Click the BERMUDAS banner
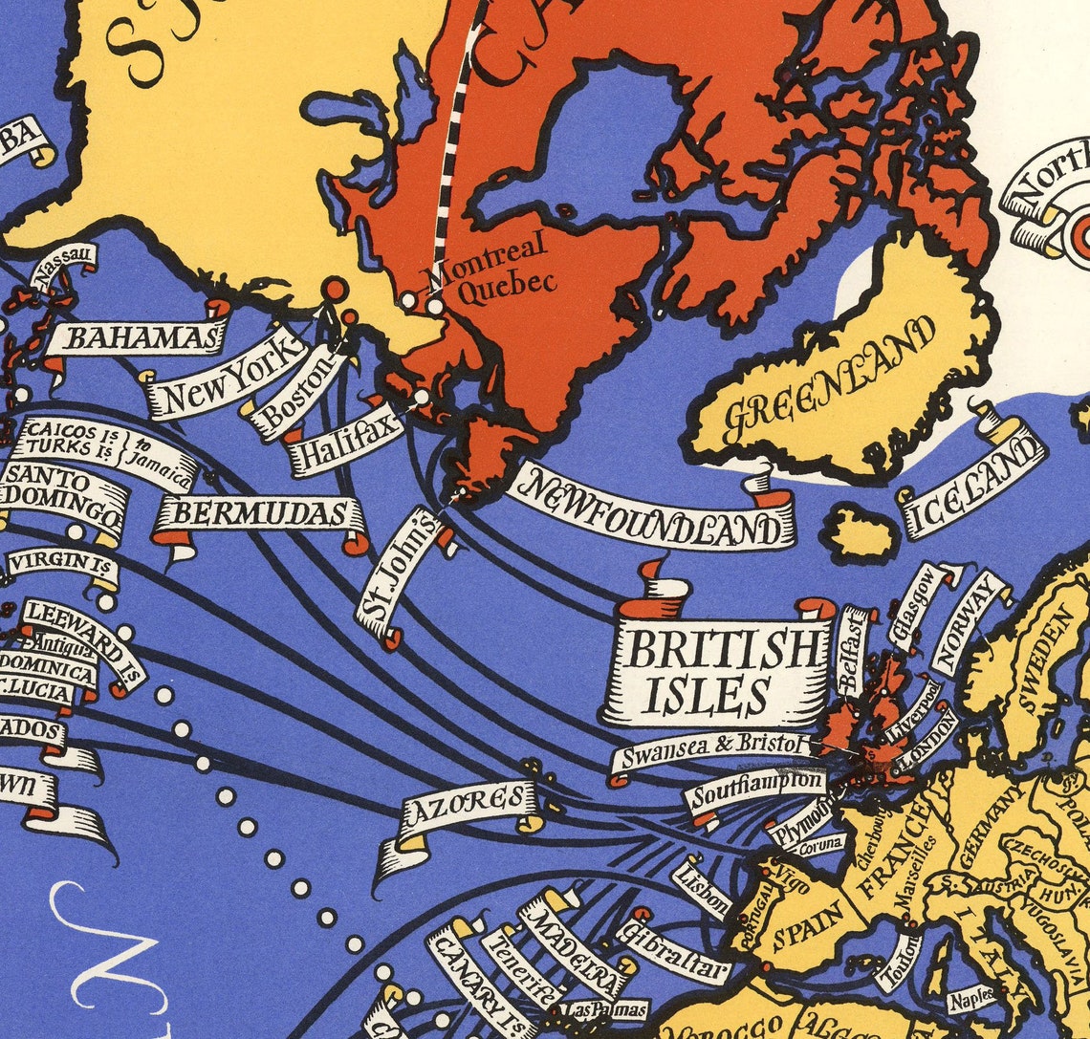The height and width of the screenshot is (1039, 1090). (260, 515)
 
